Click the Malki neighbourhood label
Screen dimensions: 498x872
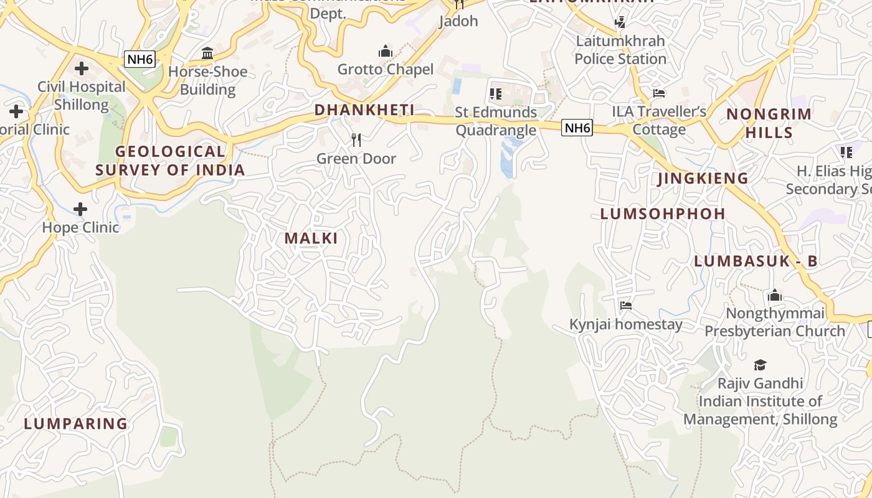pyautogui.click(x=311, y=238)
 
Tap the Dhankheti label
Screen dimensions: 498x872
pyautogui.click(x=364, y=110)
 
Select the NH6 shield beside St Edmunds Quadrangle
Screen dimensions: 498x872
pyautogui.click(x=576, y=128)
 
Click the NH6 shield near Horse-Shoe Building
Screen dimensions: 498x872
pyautogui.click(x=140, y=59)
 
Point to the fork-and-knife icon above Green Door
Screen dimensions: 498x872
pyautogui.click(x=356, y=139)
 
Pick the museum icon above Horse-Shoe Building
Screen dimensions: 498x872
pyautogui.click(x=207, y=53)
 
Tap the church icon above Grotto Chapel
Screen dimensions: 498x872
pyautogui.click(x=386, y=50)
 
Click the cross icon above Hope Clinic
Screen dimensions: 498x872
pyautogui.click(x=80, y=209)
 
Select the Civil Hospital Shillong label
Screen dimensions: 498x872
pyautogui.click(x=81, y=95)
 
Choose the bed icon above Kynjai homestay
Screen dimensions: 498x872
pyautogui.click(x=626, y=305)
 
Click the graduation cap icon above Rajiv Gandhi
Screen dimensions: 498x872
pyautogui.click(x=760, y=365)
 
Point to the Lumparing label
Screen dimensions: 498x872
pyautogui.click(x=76, y=424)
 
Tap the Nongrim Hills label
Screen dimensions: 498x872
pyautogui.click(x=769, y=123)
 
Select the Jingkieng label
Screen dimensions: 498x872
pyautogui.click(x=703, y=178)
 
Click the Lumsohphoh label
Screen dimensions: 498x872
pyautogui.click(x=663, y=214)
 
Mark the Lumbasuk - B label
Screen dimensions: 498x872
pyautogui.click(x=756, y=261)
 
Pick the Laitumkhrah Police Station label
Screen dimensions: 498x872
pyautogui.click(x=620, y=50)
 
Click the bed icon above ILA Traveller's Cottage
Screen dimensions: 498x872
pyautogui.click(x=659, y=93)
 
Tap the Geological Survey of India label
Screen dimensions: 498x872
pyautogui.click(x=170, y=160)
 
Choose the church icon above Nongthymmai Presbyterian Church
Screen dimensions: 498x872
pyautogui.click(x=775, y=294)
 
